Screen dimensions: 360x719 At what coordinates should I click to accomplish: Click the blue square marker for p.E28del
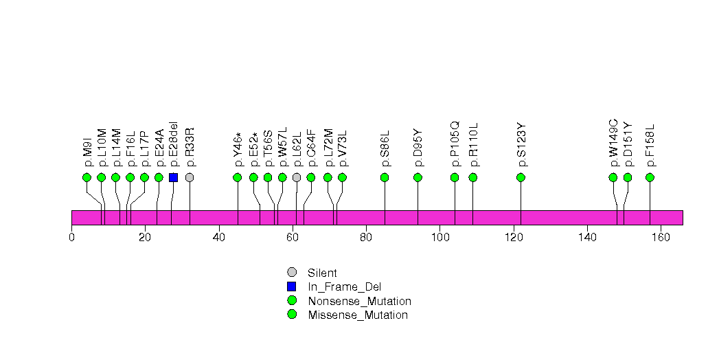[x=173, y=177]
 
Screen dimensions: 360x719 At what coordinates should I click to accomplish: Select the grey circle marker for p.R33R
[x=190, y=177]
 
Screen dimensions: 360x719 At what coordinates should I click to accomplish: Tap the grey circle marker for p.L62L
[x=297, y=177]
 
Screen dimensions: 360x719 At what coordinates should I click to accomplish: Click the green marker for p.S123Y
[x=521, y=177]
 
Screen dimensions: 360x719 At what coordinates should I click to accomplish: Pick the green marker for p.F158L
[x=650, y=177]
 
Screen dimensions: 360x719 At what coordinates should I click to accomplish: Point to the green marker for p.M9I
[x=87, y=177]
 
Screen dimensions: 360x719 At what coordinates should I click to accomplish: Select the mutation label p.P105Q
[x=455, y=144]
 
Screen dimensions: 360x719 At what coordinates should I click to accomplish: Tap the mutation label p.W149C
[x=614, y=143]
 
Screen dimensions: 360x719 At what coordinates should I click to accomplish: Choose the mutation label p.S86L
[x=385, y=148]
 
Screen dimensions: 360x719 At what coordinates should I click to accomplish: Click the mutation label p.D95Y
[x=418, y=148]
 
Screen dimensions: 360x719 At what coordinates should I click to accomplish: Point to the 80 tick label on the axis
[x=367, y=238]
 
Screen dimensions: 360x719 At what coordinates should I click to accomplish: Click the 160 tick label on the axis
[x=661, y=238]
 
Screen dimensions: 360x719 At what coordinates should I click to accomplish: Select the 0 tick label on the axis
[x=72, y=238]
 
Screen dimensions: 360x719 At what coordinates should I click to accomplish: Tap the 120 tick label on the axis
[x=514, y=238]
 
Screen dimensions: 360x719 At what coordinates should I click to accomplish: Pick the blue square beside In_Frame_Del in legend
[x=292, y=286]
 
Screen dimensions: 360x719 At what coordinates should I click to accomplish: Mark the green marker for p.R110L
[x=472, y=177]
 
